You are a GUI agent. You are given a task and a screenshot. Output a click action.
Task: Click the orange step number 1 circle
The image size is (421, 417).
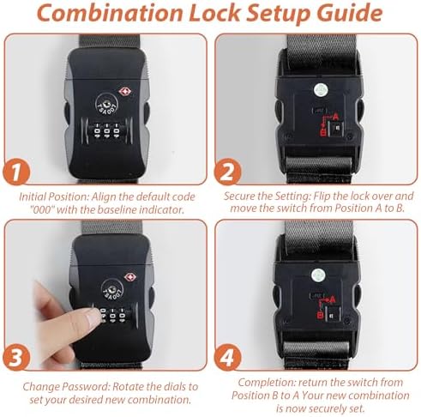[x=16, y=172]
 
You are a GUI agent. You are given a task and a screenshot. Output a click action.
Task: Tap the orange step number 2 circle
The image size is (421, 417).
[x=228, y=172]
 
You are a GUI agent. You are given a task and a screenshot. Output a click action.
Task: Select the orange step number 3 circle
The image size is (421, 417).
[x=16, y=357]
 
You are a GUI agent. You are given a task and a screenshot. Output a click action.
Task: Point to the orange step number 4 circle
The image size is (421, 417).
[x=228, y=357]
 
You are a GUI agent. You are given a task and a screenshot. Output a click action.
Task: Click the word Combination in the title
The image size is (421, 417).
[x=110, y=13]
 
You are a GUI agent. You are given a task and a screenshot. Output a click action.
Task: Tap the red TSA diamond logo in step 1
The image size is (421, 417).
[x=125, y=92]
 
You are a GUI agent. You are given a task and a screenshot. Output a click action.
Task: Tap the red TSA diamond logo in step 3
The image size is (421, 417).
[x=130, y=277]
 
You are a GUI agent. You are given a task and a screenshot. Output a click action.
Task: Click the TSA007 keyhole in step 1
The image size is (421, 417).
[x=107, y=103]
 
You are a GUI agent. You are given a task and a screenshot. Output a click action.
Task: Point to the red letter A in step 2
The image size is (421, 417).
[x=335, y=117]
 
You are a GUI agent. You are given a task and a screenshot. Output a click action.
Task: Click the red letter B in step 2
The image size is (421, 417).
[x=323, y=132]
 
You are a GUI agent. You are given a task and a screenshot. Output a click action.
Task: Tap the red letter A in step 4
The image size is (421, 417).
[x=332, y=299]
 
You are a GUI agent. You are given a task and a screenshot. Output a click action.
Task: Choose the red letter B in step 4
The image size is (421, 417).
[x=321, y=315]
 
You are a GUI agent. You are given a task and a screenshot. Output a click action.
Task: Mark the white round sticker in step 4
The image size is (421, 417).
[x=317, y=275]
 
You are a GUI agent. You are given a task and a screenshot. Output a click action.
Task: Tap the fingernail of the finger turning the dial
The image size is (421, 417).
[x=93, y=317]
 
